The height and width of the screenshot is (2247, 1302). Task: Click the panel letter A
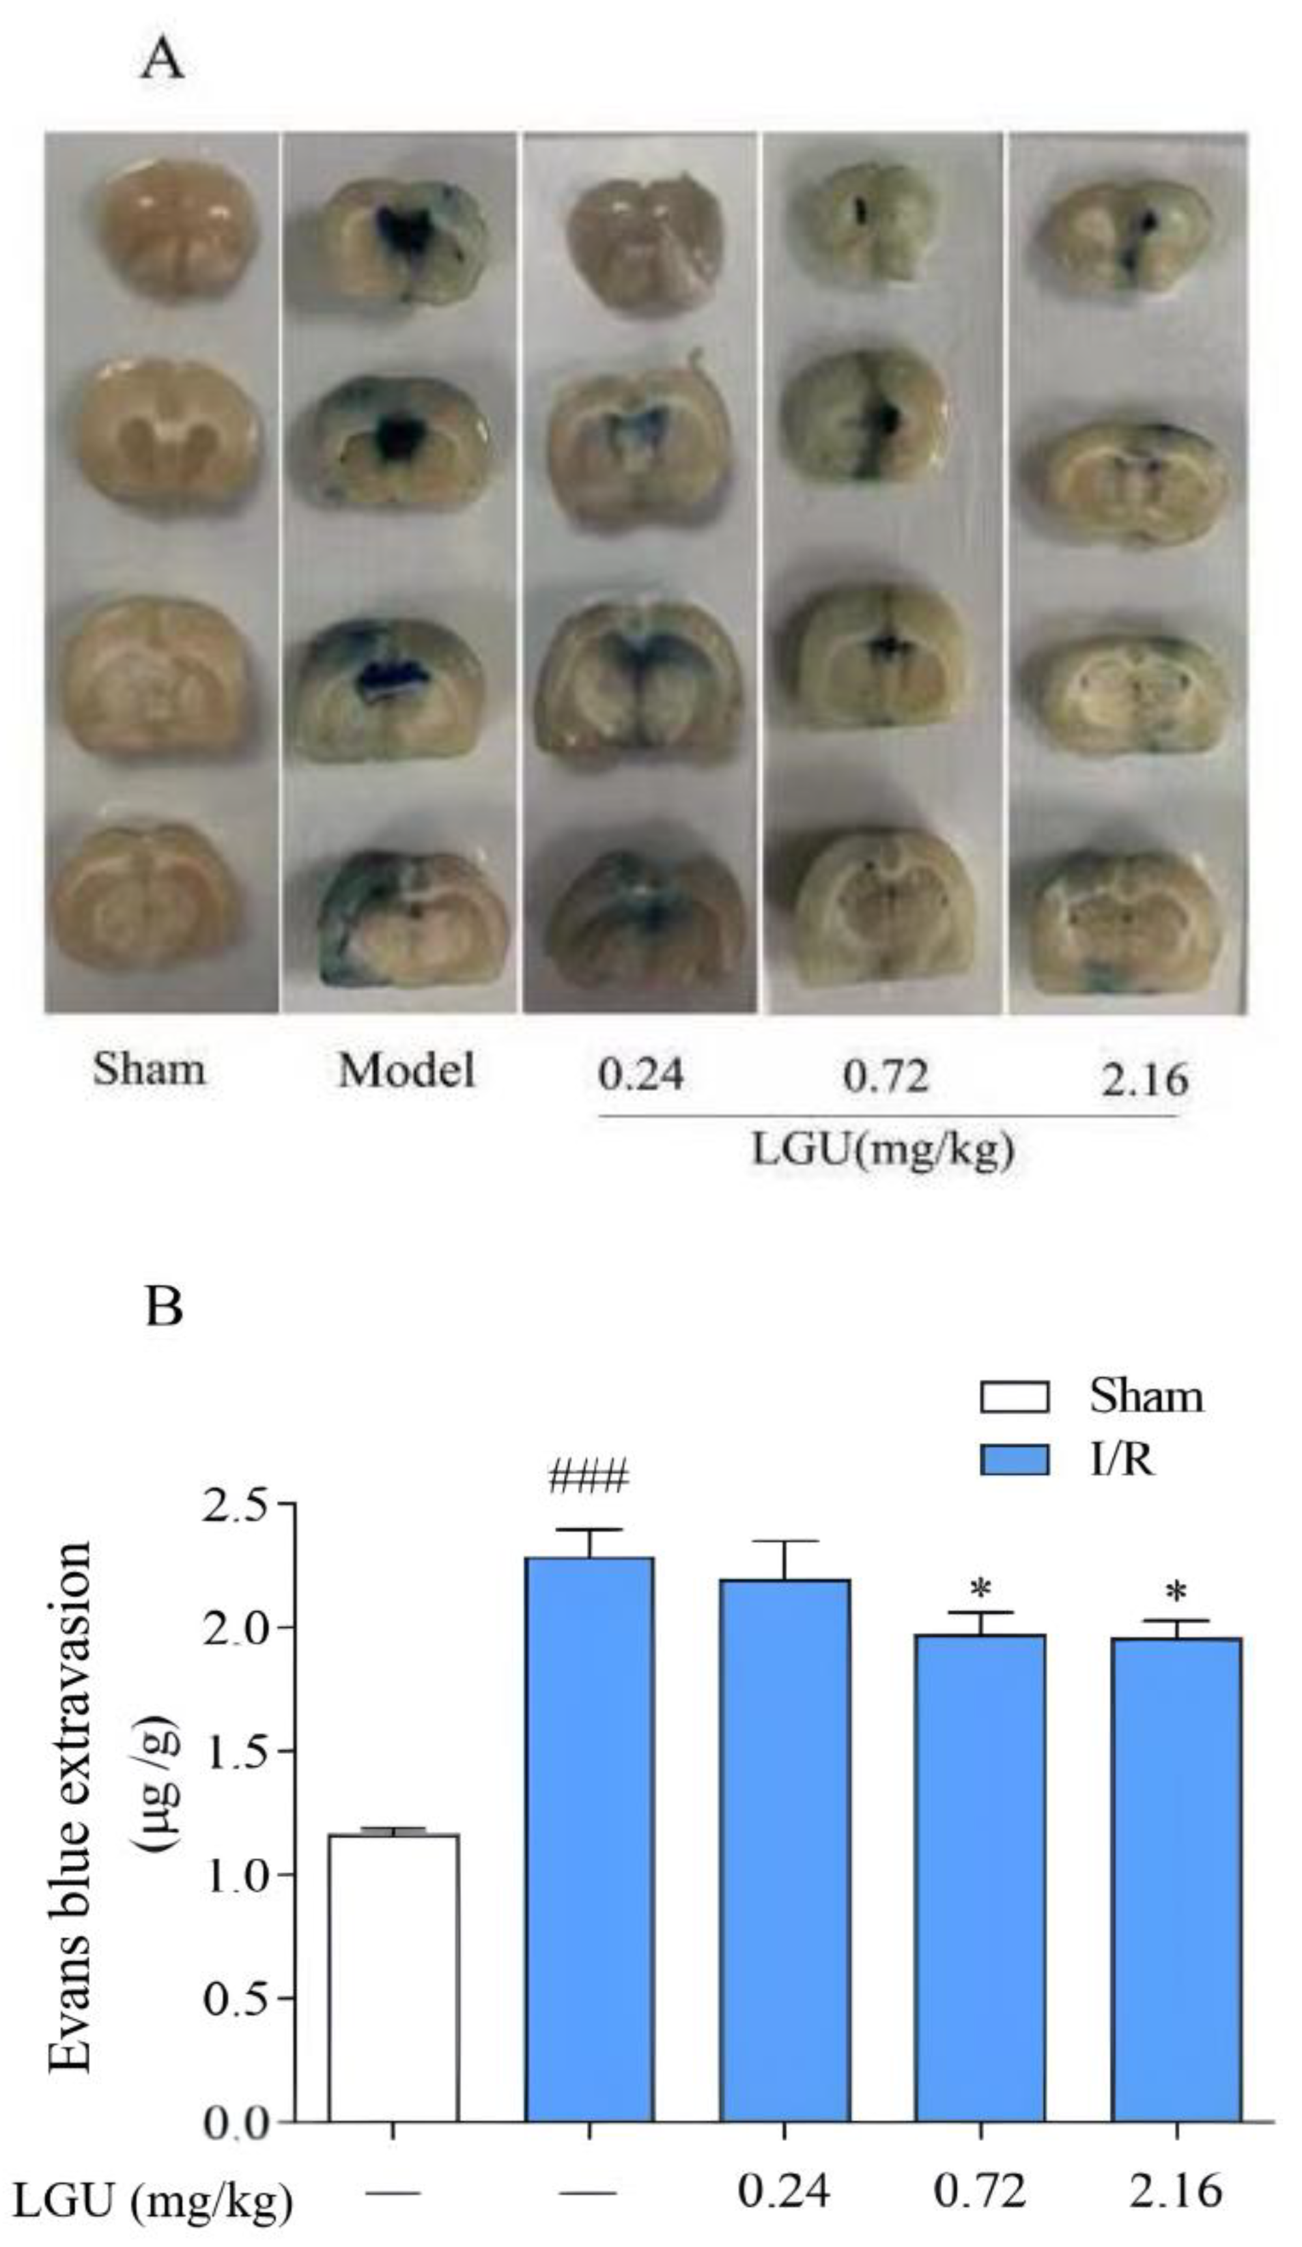coord(162,61)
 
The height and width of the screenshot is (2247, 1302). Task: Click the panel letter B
coord(163,1307)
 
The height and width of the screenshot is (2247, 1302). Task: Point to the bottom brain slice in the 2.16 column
coord(1125,923)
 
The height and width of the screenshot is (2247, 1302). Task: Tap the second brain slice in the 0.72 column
coord(864,415)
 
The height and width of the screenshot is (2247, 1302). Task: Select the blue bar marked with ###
coord(589,1855)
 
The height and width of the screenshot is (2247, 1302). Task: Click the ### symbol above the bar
coord(589,1478)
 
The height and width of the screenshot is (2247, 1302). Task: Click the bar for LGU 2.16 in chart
coord(1176,1899)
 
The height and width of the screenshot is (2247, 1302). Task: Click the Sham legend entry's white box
coord(1014,1396)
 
